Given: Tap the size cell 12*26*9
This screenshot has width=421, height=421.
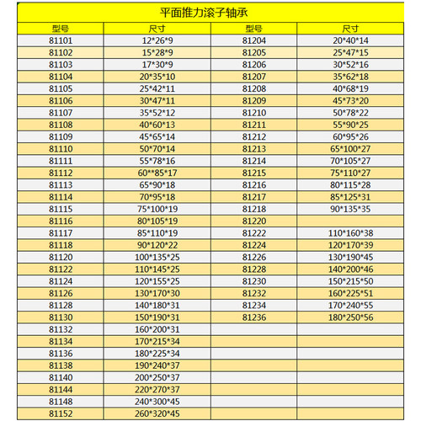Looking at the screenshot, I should (x=157, y=40).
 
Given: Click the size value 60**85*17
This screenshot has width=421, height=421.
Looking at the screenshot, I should (x=156, y=172).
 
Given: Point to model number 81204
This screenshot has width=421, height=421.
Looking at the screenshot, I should (x=254, y=40).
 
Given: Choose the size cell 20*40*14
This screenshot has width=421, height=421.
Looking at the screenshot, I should (x=350, y=40).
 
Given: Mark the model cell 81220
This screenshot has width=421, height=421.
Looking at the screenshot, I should (x=254, y=220).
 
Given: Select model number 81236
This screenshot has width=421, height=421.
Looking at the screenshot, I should (x=254, y=317).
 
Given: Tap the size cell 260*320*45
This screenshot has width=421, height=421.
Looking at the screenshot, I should (x=156, y=413).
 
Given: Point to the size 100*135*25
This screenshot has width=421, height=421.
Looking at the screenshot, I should (x=156, y=256).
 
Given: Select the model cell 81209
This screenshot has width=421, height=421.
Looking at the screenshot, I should (x=254, y=99).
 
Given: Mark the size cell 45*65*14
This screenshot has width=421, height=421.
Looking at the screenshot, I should (x=156, y=136).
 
